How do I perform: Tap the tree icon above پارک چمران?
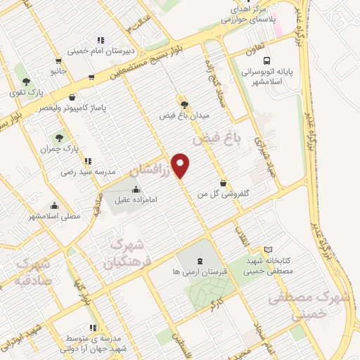tap(58, 138)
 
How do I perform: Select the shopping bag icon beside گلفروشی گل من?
tap(224, 183)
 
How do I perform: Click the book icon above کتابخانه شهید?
tap(268, 249)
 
